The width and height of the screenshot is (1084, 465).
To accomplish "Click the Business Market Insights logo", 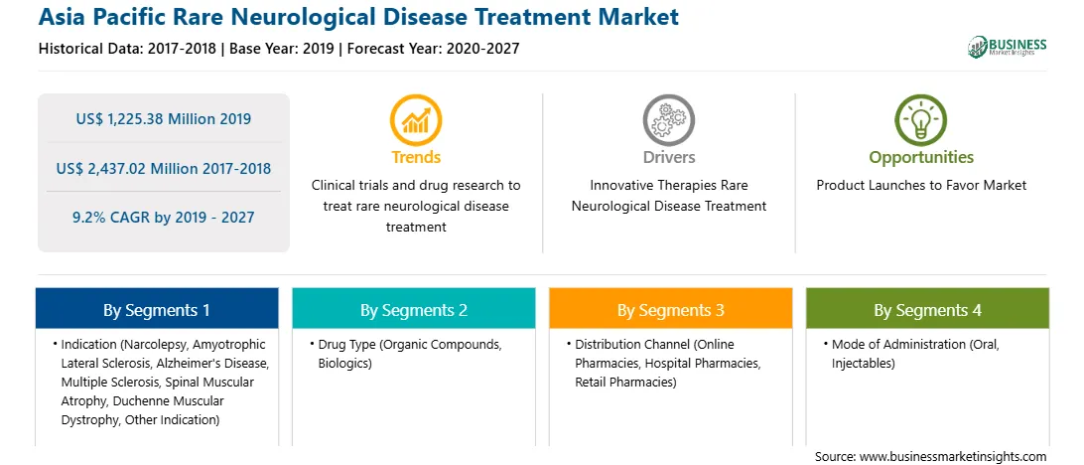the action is click(x=1008, y=47).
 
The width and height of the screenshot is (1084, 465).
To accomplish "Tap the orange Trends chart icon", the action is click(x=416, y=119).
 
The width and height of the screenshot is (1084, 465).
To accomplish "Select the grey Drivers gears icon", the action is click(x=668, y=119).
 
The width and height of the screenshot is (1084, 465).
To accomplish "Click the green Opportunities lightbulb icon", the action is click(x=921, y=119).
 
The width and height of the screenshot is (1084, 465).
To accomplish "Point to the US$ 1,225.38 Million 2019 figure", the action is click(x=163, y=119).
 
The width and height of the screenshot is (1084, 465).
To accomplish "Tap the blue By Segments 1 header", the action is click(x=156, y=310).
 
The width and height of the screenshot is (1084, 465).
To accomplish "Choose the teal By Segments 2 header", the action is click(x=413, y=310).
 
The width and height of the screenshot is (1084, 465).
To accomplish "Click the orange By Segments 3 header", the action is click(x=671, y=310).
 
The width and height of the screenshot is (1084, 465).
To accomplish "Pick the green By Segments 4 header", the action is click(x=927, y=310).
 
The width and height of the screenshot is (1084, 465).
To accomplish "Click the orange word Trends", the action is click(x=416, y=157).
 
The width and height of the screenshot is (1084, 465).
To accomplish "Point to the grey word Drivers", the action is click(x=668, y=157).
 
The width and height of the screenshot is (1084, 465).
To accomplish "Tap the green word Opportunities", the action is click(x=921, y=157).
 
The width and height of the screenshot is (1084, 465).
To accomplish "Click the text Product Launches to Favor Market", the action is click(x=921, y=186).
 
